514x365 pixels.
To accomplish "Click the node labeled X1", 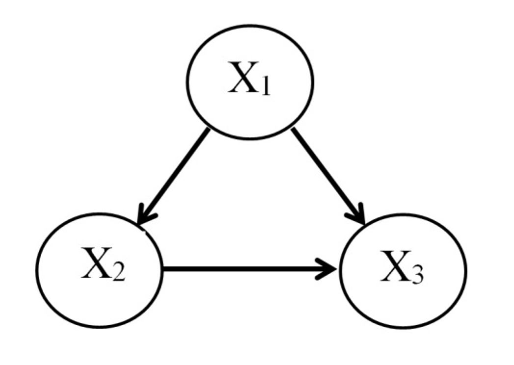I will pos(250,82).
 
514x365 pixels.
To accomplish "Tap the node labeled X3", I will pos(403,270).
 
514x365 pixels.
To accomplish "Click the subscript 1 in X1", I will pos(265,87).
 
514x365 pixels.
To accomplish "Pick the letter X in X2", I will pos(95,267).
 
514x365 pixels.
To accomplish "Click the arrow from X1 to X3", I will pos(327,176).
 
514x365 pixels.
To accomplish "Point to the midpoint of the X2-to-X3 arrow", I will pos(249,269).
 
